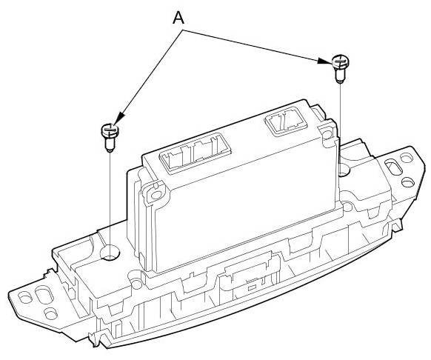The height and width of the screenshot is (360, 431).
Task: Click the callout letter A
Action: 178,19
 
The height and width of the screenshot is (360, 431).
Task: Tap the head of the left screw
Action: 110,130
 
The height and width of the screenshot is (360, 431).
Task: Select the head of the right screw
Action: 341,61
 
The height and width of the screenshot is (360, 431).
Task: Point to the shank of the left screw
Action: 110,144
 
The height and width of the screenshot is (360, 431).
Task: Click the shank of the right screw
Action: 341,75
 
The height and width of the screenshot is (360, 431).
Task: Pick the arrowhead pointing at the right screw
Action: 324,61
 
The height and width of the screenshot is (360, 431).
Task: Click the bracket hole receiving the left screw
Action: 110,253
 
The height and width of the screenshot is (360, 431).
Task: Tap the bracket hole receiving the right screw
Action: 343,170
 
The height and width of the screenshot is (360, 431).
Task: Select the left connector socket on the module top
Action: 196,153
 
